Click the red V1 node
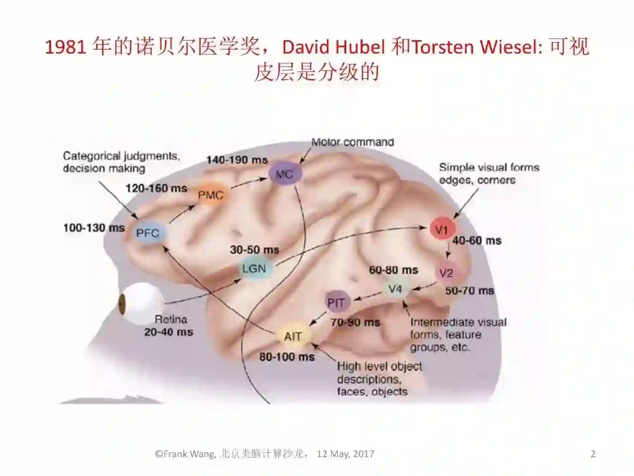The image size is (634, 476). click(442, 230)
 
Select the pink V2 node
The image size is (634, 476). click(446, 273)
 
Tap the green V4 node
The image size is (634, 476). click(395, 289)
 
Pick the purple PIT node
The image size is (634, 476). click(336, 302)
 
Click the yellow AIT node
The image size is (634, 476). click(293, 337)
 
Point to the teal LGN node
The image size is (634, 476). click(254, 269)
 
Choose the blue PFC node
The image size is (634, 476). click(148, 233)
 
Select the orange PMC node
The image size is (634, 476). click(211, 195)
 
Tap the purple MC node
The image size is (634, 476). click(284, 175)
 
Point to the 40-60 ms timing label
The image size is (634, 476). click(476, 240)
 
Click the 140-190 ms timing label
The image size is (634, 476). click(237, 160)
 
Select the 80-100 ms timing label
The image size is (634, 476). click(287, 357)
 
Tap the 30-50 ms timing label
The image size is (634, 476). click(254, 250)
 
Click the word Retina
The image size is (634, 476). click(171, 319)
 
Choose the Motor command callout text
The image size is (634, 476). click(353, 142)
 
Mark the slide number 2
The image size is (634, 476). click(593, 454)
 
